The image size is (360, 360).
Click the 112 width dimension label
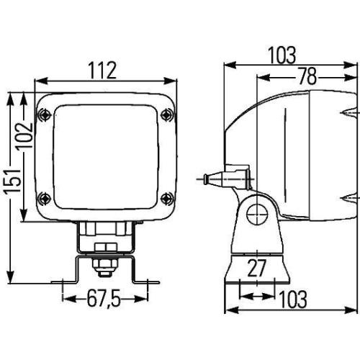click(103, 70)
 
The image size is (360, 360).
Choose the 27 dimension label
click(256, 269)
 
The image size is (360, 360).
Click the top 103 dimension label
click(281, 54)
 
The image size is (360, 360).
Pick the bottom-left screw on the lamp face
click(45, 195)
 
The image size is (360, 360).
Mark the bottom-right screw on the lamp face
click(168, 195)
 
